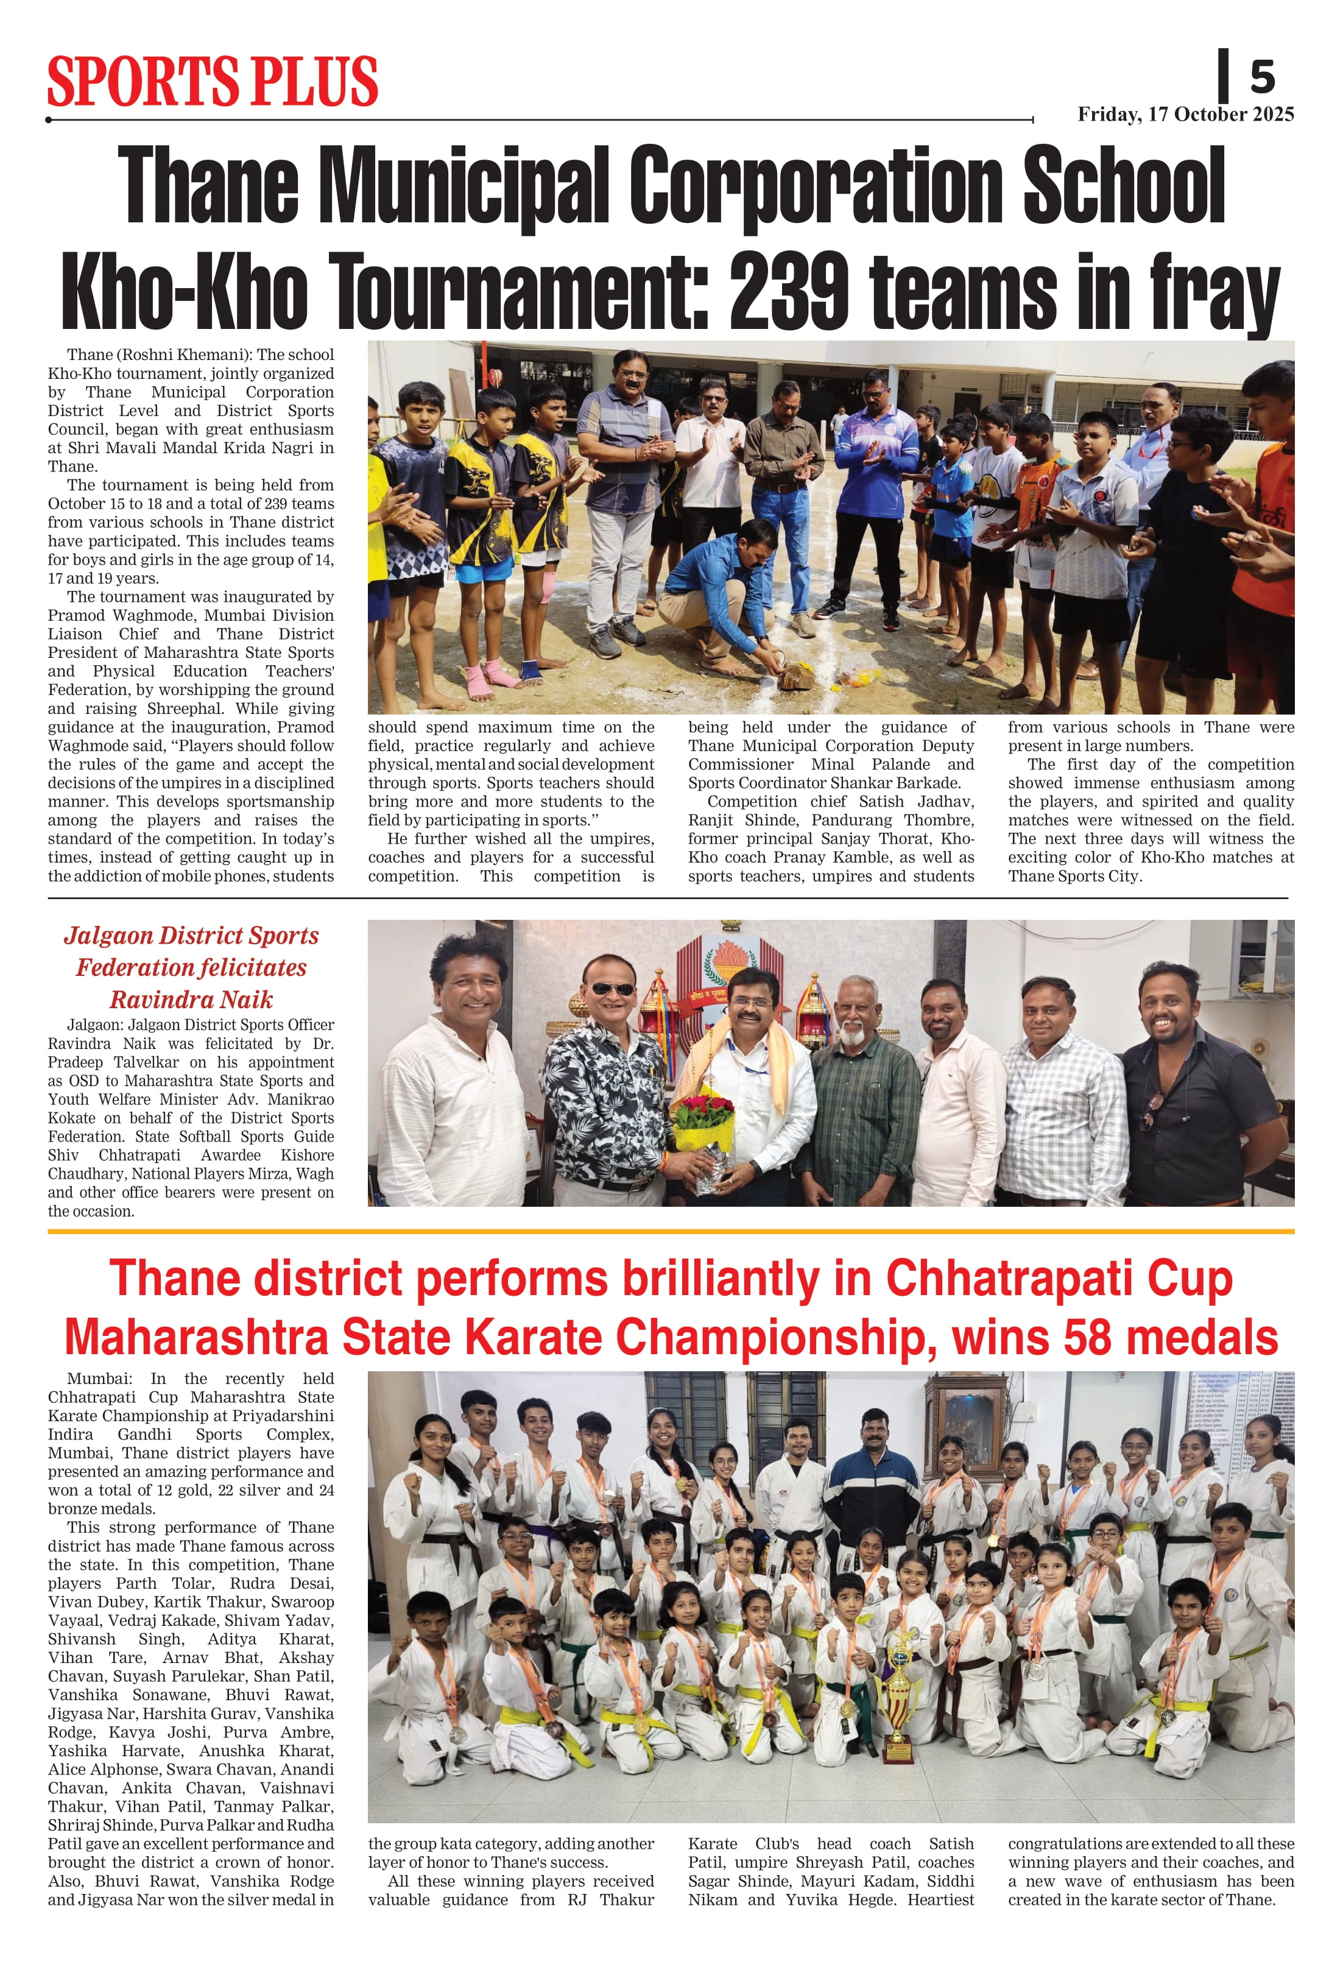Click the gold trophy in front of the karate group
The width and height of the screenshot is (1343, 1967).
click(x=900, y=1693)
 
